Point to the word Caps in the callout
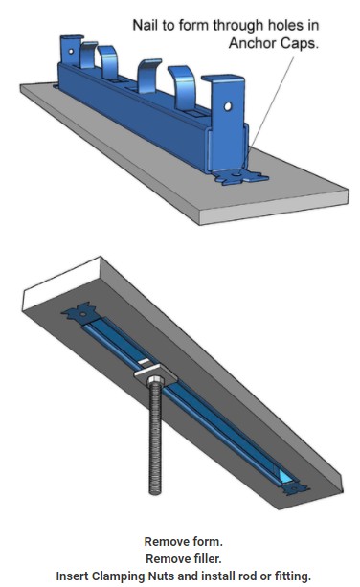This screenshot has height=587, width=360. pyautogui.click(x=297, y=43)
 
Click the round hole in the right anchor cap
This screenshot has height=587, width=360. pyautogui.click(x=228, y=106)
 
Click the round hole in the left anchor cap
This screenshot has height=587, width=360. pyautogui.click(x=71, y=52)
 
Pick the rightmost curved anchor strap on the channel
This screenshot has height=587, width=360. pyautogui.click(x=184, y=87)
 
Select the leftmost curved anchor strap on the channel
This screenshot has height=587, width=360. pyautogui.click(x=88, y=55)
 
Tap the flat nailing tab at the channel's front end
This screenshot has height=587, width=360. pyautogui.click(x=241, y=177)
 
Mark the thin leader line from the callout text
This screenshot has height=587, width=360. pyautogui.click(x=272, y=102)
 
